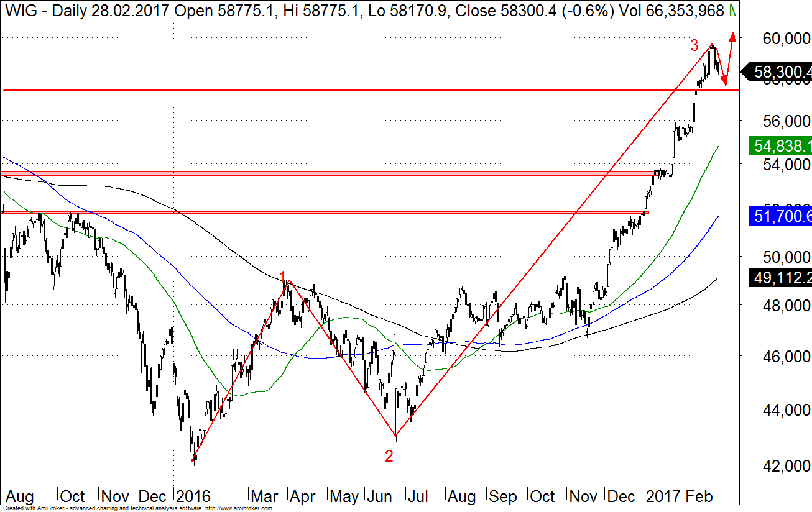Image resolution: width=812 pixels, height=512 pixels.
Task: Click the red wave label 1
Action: [x=282, y=277]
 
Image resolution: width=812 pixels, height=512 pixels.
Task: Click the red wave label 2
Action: [x=389, y=455]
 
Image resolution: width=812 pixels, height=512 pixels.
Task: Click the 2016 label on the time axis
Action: [x=193, y=496]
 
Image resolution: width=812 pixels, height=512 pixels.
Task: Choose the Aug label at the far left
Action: [x=19, y=496]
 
